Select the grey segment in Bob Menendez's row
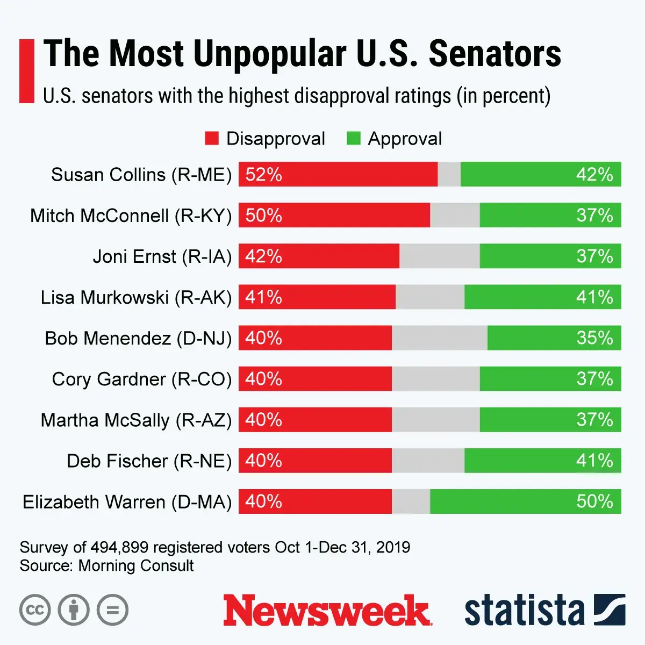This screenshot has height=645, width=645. pos(440,338)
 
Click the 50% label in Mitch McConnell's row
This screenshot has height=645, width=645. pos(263,215)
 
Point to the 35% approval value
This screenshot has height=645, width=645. pos(594,338)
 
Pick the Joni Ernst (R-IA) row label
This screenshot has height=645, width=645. pos(162,256)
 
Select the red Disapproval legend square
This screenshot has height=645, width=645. pos(212,139)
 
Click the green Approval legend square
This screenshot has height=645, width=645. pos(354,139)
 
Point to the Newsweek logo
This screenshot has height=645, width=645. pos(327,611)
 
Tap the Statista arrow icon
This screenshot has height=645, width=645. pos(610,610)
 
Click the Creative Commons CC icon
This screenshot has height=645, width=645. pos(35,610)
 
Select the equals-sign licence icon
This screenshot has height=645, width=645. pos(112,610)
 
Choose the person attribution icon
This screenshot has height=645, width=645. pos(74,610)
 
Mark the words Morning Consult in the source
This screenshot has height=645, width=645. pos(136,565)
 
